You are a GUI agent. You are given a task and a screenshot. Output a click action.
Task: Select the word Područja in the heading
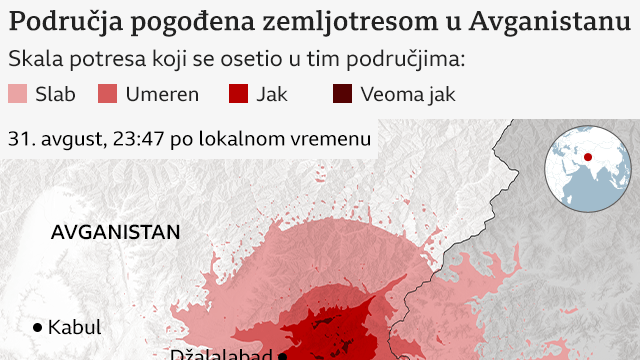(x=58, y=20)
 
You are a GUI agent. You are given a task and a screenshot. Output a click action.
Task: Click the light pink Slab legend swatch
(x=18, y=95)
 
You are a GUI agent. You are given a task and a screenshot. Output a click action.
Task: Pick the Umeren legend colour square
(x=108, y=95)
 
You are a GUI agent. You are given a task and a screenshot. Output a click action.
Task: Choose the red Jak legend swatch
(x=238, y=95)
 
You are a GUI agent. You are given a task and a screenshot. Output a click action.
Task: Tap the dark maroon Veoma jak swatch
(x=343, y=95)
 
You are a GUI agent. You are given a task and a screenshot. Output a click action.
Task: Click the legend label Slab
(x=55, y=95)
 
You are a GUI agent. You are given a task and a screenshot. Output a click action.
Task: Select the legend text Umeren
(x=162, y=95)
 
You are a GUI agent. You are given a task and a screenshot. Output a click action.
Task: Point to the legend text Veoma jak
(x=408, y=95)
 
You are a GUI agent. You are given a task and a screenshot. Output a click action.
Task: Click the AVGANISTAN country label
(x=116, y=232)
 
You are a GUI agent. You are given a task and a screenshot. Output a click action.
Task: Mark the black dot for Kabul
(x=38, y=327)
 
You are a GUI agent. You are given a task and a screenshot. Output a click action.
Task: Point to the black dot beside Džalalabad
(x=283, y=356)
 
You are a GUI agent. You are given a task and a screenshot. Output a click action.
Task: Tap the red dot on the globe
(x=588, y=157)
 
